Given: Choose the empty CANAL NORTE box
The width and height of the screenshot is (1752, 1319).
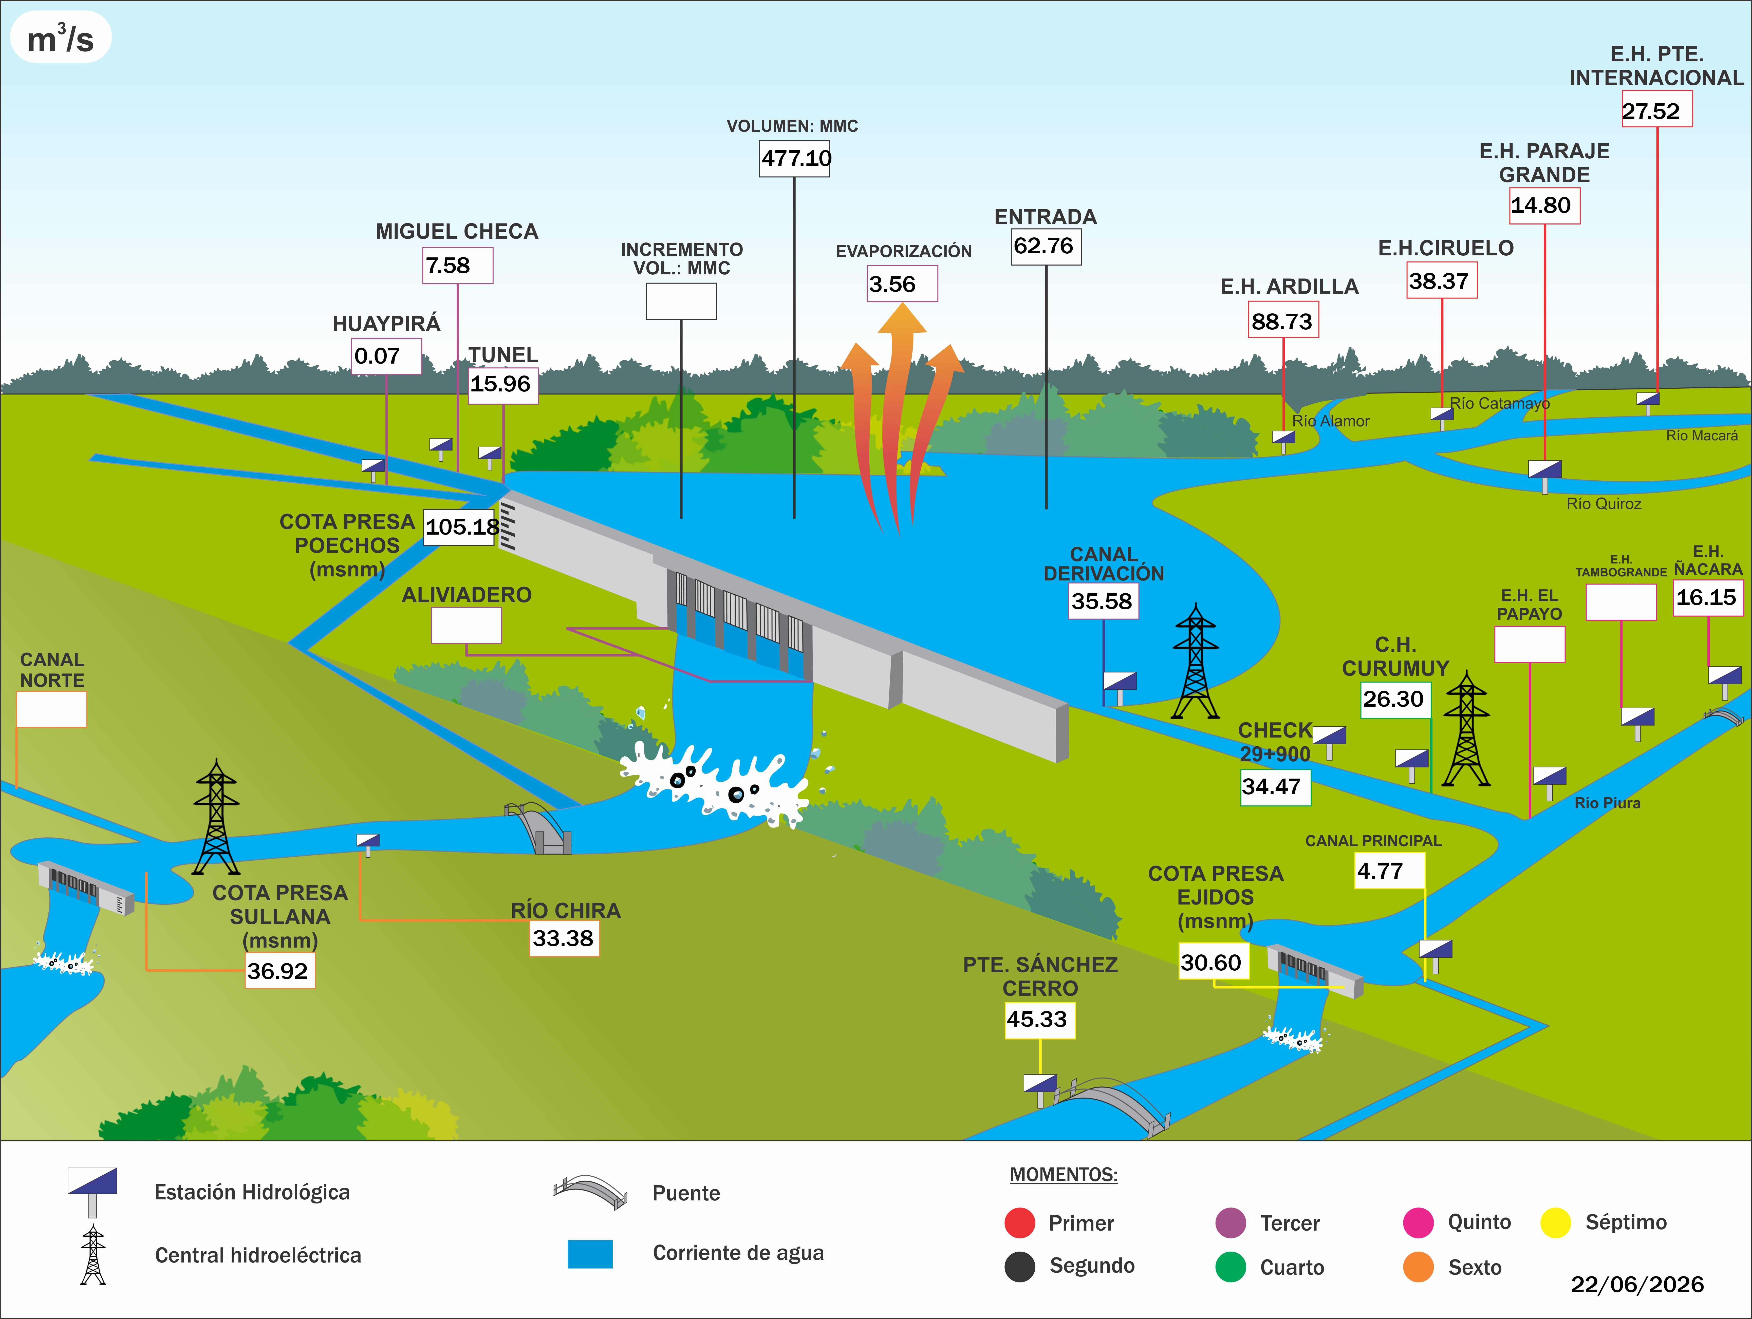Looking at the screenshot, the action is tap(51, 709).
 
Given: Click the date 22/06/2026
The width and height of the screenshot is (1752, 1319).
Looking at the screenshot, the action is tap(1637, 1284).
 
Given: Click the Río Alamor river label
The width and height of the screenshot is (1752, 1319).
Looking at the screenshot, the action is tap(1331, 421).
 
